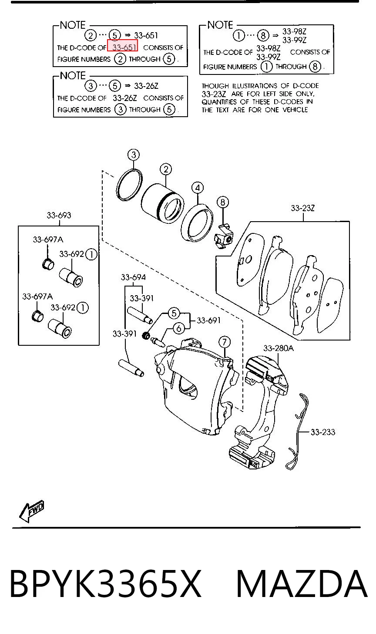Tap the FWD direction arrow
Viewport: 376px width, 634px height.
(x=32, y=511)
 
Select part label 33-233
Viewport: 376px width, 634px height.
(x=323, y=432)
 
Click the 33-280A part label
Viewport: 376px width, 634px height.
(x=279, y=348)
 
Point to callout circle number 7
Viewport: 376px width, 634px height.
(x=225, y=342)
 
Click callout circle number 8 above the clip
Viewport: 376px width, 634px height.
(x=223, y=202)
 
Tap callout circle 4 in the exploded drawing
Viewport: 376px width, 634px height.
(x=198, y=188)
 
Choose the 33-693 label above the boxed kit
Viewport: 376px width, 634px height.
(x=59, y=216)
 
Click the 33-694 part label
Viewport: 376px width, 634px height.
(x=133, y=277)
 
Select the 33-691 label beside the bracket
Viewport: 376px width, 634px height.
(x=208, y=320)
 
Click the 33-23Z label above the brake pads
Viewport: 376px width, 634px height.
(x=303, y=208)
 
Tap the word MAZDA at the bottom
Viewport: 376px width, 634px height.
(x=302, y=584)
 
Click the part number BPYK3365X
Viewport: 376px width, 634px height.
(x=105, y=584)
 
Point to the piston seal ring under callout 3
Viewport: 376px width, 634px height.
(x=129, y=185)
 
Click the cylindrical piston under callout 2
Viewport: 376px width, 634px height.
(x=162, y=204)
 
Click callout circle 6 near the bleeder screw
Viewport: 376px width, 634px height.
(x=179, y=329)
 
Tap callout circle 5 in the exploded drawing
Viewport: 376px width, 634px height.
(x=174, y=313)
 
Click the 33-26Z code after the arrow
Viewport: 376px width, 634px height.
(x=146, y=86)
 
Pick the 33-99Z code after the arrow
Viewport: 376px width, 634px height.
(x=294, y=40)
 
